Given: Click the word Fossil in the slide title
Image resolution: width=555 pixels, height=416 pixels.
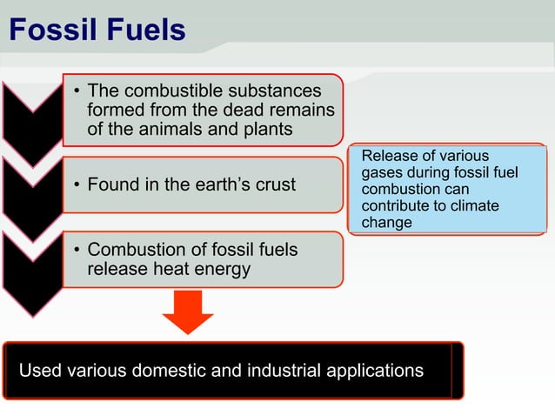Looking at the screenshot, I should coord(49,30).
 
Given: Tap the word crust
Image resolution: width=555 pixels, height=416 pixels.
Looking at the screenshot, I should coord(273,185).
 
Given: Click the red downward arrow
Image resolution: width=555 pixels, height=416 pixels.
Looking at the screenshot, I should coord(187,312).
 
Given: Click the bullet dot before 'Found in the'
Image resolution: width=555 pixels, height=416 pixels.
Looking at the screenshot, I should coord(77,185).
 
